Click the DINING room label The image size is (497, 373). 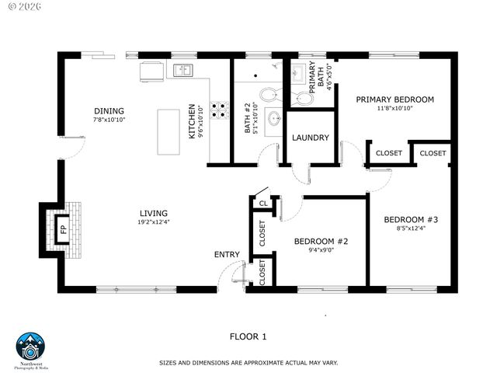pos(109,111)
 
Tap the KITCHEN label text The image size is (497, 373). pos(193,122)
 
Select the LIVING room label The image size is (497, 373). pos(153,213)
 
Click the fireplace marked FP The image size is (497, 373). pos(64,229)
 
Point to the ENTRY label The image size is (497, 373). pos(227,255)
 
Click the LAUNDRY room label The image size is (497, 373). pos(311,138)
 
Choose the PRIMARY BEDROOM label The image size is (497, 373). pos(394,99)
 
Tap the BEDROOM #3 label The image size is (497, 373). pos(412,220)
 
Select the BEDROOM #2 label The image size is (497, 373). pos(321,241)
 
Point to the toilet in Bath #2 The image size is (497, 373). pos(267,95)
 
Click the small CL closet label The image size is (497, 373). pos(263,204)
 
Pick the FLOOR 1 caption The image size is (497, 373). pos(248,336)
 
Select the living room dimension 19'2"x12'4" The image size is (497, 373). pos(154,222)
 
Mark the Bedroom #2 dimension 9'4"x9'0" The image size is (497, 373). pos(321,250)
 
